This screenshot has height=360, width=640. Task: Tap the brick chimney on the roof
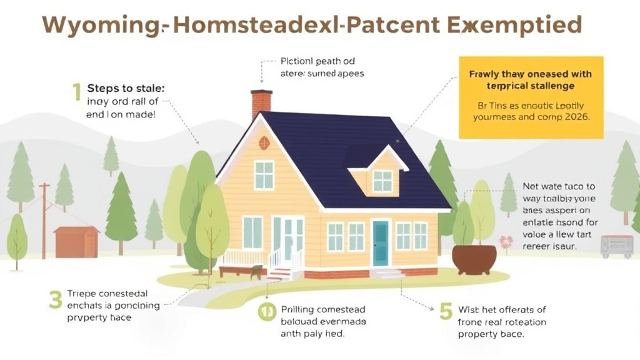pyautogui.click(x=261, y=104)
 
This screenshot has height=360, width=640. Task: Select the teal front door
pyautogui.click(x=380, y=243)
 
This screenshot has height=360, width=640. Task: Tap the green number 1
pyautogui.click(x=76, y=92)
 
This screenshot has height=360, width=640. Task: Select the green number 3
pyautogui.click(x=56, y=301)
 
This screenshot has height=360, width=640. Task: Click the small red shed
pyautogui.click(x=76, y=242)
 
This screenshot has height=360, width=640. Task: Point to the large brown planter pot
pyautogui.click(x=474, y=259)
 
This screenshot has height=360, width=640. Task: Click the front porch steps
pyautogui.click(x=280, y=274)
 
